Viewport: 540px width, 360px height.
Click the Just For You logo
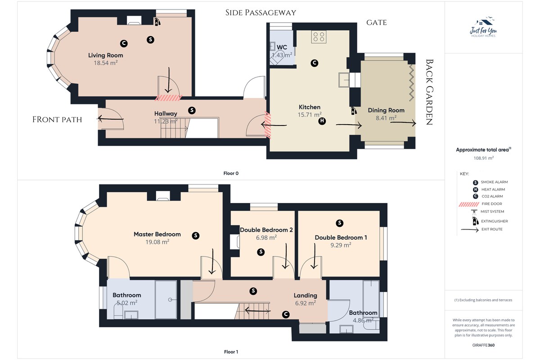point(483,27)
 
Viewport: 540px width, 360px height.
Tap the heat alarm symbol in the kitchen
point(322,121)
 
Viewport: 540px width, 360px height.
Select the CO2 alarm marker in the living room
point(124,43)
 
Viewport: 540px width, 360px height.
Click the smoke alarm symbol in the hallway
point(192,110)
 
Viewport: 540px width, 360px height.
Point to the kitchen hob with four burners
point(319,36)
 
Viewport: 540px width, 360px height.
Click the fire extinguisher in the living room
point(157,22)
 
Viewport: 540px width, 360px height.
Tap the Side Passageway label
point(261,13)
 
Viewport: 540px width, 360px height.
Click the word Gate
point(377,22)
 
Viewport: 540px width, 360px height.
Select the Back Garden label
point(429,92)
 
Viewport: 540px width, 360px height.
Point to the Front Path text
point(57,120)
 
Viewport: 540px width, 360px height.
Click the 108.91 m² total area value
point(484,158)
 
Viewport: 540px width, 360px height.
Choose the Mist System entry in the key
point(487,211)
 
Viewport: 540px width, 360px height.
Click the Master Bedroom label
point(157,234)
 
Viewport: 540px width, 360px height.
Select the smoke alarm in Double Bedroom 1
point(339,223)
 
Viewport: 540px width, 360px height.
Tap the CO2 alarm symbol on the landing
point(286,315)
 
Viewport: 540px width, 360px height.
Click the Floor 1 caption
point(231,352)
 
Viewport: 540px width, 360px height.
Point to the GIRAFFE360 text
point(483,345)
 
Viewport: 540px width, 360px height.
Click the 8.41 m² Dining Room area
point(386,118)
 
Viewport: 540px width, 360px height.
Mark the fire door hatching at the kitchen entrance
point(268,125)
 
